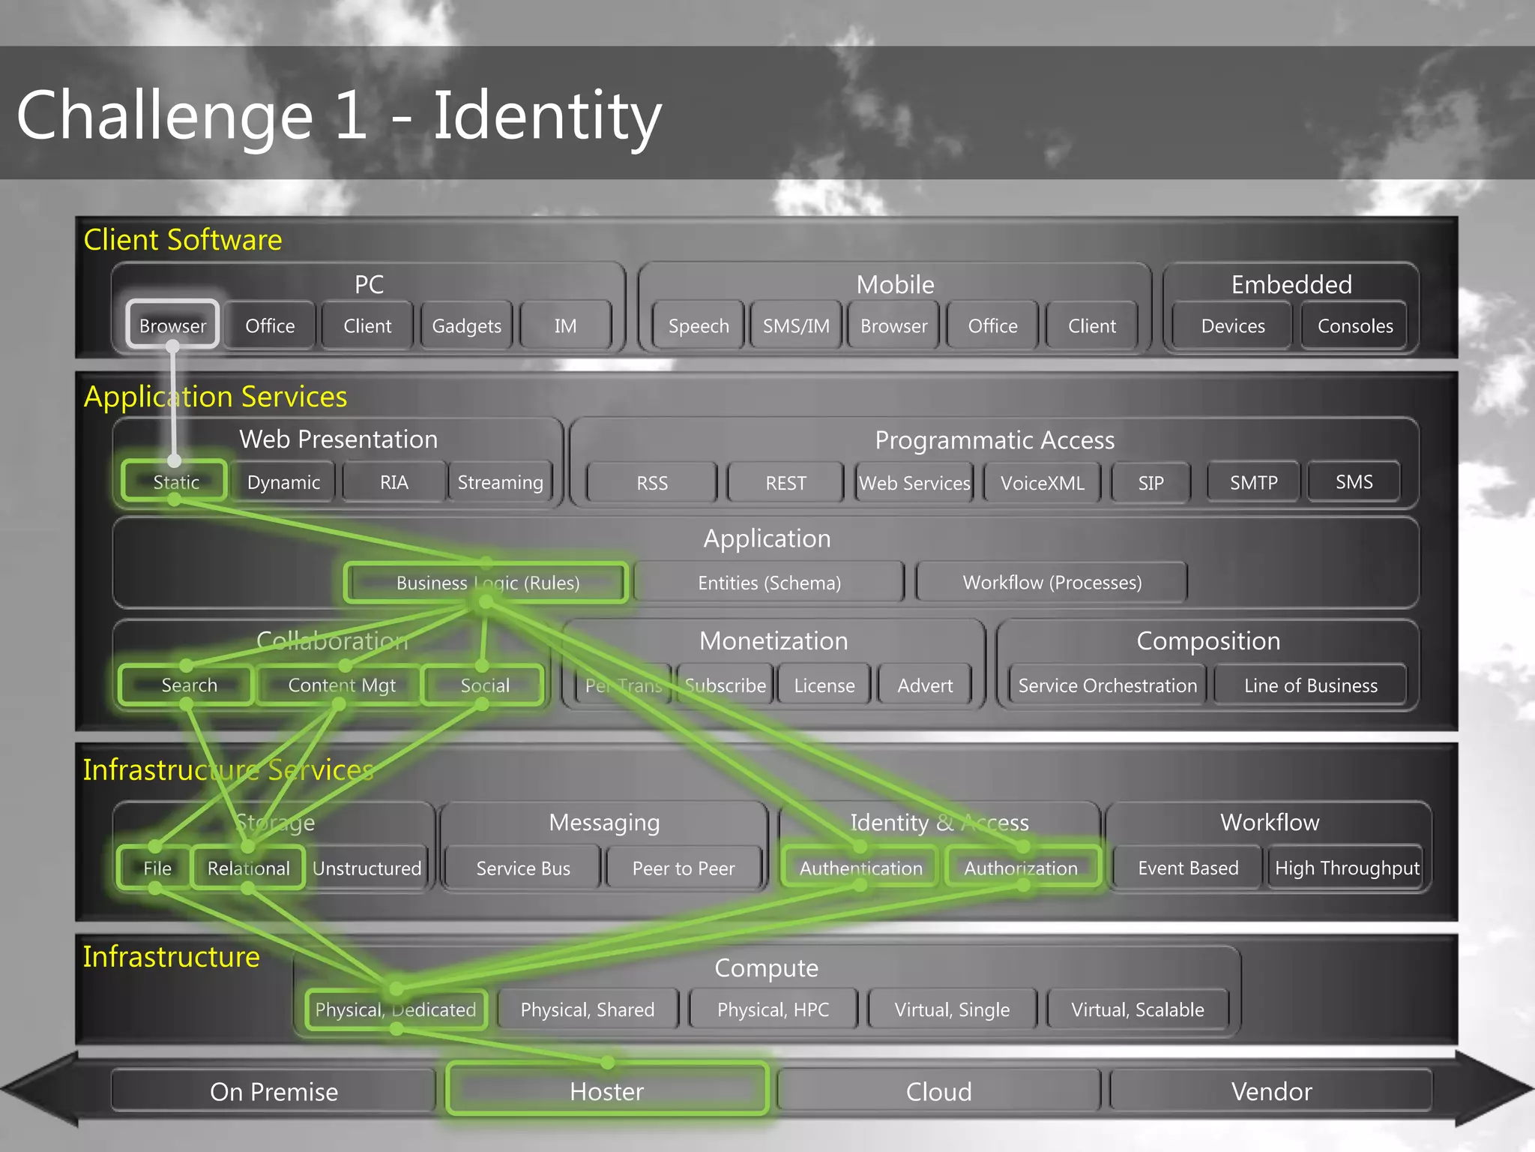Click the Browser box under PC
tap(172, 325)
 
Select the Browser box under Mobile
tap(893, 325)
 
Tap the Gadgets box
tap(466, 325)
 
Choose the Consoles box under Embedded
tap(1355, 325)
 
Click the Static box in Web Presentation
tap(175, 481)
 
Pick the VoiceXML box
tap(1042, 483)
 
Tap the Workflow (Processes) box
tap(1052, 583)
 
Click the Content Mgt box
tap(341, 685)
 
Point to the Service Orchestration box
tap(1107, 685)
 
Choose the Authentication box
tap(860, 868)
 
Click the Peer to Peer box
tap(683, 868)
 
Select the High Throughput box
tap(1347, 868)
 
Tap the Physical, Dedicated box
tap(395, 1009)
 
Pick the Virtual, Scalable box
tap(1137, 1009)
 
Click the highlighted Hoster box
tap(606, 1091)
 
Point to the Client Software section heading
tap(183, 240)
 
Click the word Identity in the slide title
tap(547, 116)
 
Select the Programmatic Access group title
tap(995, 440)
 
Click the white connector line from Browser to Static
tap(173, 405)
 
